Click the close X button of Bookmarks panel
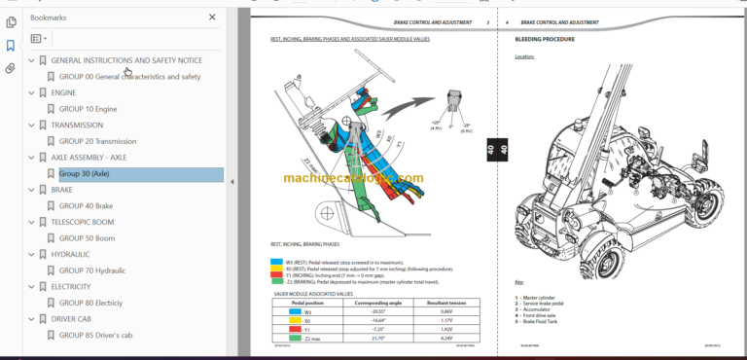pos(213,17)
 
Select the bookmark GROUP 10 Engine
pos(88,109)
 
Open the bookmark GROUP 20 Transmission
pos(97,141)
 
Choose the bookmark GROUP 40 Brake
pos(86,206)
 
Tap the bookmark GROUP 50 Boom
pos(87,238)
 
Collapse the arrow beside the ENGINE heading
pos(31,92)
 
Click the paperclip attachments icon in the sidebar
pos(11,68)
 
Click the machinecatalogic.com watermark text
pos(354,178)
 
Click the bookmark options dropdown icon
pos(38,39)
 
